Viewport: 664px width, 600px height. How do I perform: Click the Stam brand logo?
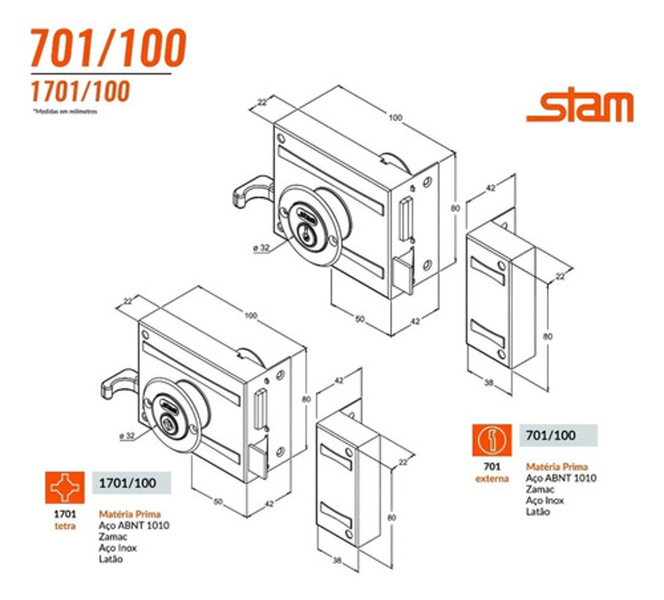(x=579, y=108)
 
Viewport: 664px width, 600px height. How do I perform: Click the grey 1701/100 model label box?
(x=129, y=483)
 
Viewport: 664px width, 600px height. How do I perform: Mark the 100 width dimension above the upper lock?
(x=395, y=118)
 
